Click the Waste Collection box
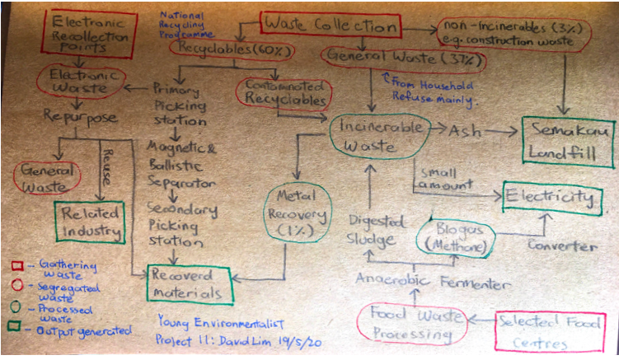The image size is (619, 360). click(x=333, y=25)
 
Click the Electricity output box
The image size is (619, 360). click(x=551, y=199)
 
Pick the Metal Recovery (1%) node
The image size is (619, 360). click(x=297, y=212)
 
